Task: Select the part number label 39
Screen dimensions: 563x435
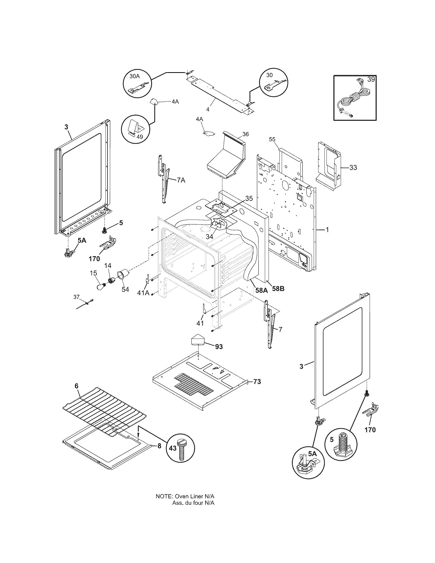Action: click(371, 79)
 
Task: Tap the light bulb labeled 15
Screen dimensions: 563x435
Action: click(101, 286)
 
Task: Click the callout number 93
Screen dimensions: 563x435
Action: click(219, 347)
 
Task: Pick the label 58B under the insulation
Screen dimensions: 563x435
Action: click(278, 289)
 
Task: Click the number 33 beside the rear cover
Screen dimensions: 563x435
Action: click(353, 168)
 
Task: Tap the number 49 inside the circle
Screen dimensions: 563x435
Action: click(140, 137)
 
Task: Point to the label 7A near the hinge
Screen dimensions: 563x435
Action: click(181, 180)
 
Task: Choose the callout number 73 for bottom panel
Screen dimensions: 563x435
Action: click(257, 389)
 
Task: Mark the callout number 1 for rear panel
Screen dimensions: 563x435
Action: click(327, 230)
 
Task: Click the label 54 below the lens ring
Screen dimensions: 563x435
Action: click(125, 289)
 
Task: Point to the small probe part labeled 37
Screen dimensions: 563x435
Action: click(85, 304)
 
